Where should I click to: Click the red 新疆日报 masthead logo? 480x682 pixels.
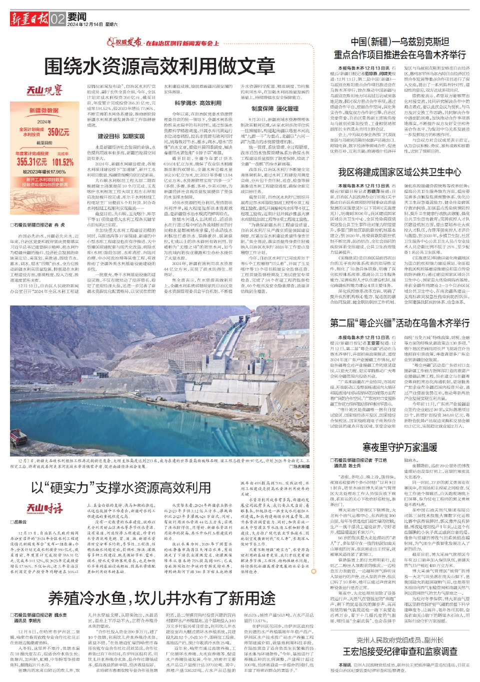pyautogui.click(x=29, y=19)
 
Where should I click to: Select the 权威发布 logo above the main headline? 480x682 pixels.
pyautogui.click(x=125, y=43)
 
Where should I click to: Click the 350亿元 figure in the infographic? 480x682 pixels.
pyautogui.click(x=58, y=132)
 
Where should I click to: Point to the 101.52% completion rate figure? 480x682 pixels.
pyautogui.click(x=63, y=161)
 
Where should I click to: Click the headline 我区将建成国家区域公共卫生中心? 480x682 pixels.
pyautogui.click(x=399, y=172)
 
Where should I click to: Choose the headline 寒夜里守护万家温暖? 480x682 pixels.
pyautogui.click(x=399, y=447)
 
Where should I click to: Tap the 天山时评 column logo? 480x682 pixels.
pyautogui.click(x=45, y=509)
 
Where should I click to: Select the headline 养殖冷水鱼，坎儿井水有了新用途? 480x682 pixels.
pyautogui.click(x=162, y=598)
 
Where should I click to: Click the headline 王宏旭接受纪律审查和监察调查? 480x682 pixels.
pyautogui.click(x=399, y=651)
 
